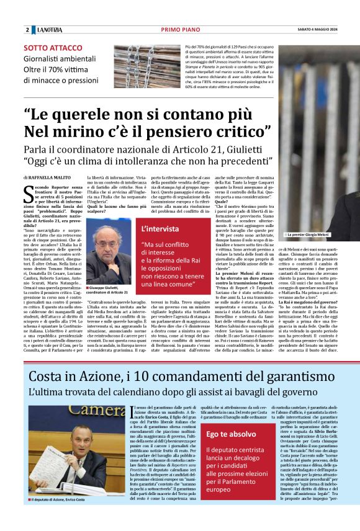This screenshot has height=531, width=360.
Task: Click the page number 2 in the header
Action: pyautogui.click(x=27, y=30)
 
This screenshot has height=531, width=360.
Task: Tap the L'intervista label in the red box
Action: pyautogui.click(x=163, y=228)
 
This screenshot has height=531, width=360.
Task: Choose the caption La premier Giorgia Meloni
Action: pyautogui.click(x=310, y=235)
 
